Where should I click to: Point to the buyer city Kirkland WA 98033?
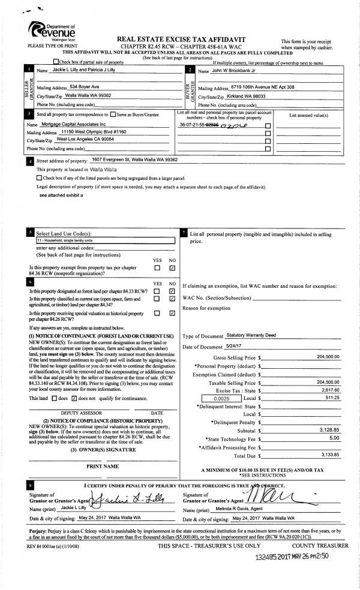[247, 95]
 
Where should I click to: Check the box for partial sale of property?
[56, 62]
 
